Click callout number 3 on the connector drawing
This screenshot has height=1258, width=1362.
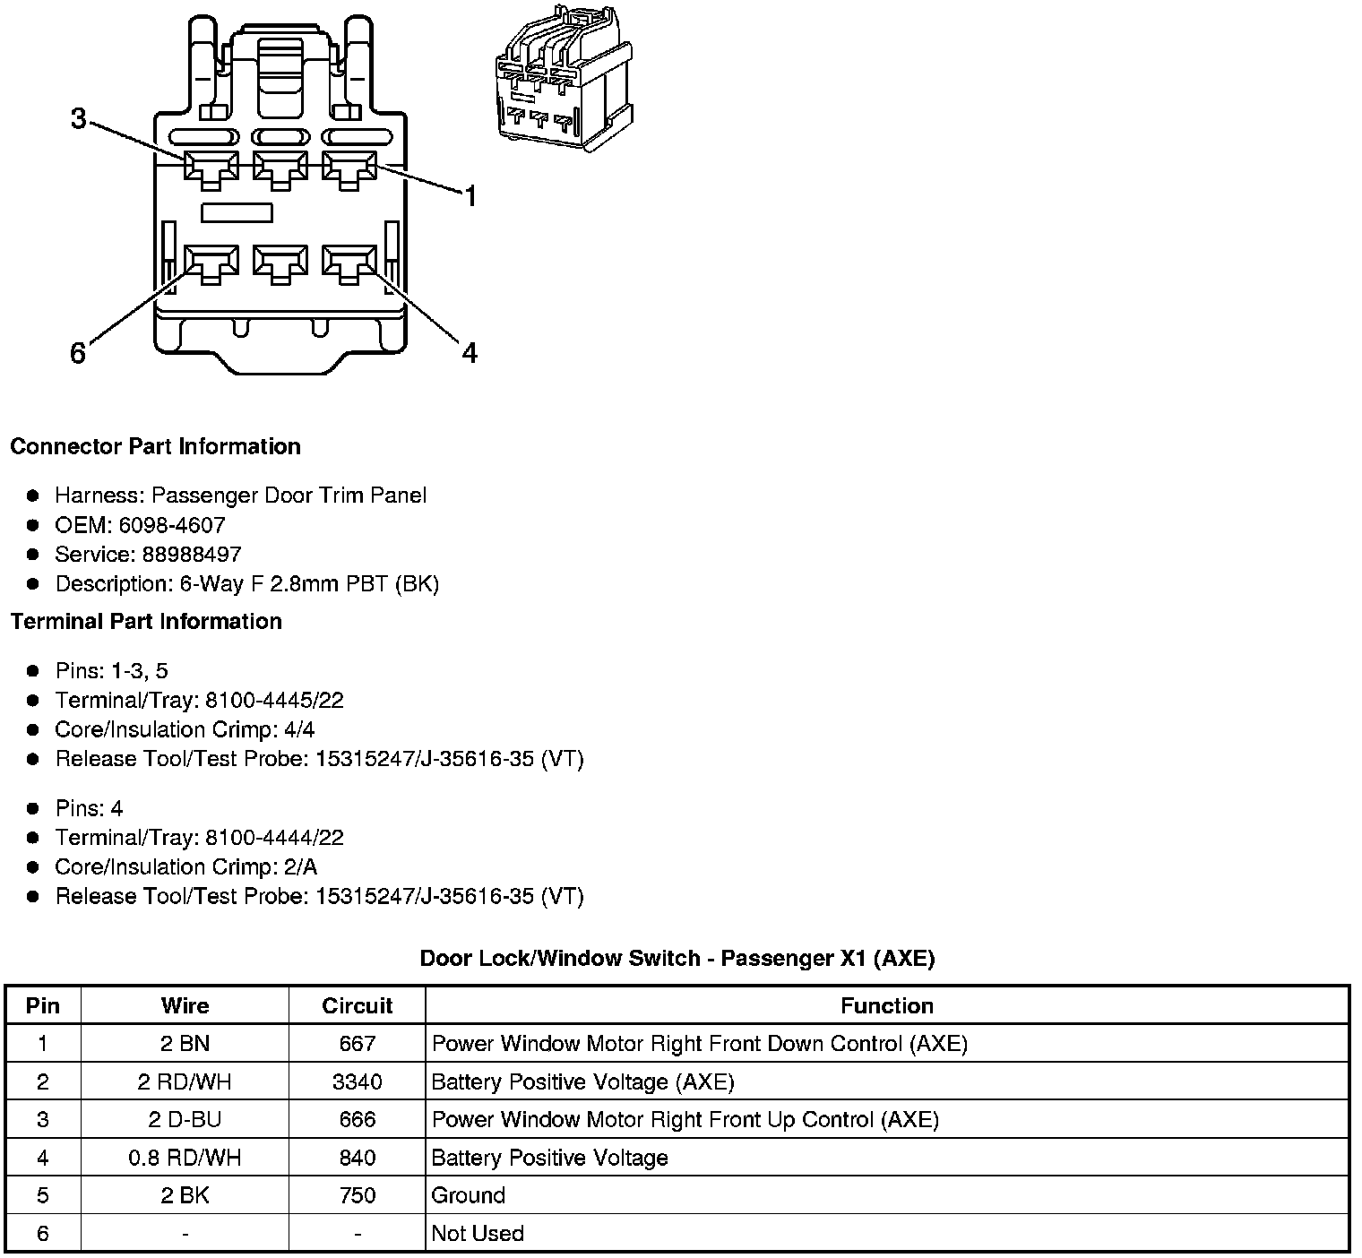pyautogui.click(x=79, y=118)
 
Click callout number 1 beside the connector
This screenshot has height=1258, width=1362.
pyautogui.click(x=470, y=196)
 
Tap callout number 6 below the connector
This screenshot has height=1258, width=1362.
pyautogui.click(x=78, y=354)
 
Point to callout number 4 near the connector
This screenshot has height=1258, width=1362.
pyautogui.click(x=470, y=353)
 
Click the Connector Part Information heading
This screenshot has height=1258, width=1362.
pyautogui.click(x=155, y=446)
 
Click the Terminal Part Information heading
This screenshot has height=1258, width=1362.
pyautogui.click(x=146, y=621)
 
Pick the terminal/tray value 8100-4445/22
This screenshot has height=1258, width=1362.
pyautogui.click(x=274, y=700)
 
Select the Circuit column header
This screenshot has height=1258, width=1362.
pyautogui.click(x=357, y=1005)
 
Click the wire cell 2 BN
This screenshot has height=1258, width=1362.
pyautogui.click(x=185, y=1043)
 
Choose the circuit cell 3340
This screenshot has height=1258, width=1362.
pyautogui.click(x=357, y=1081)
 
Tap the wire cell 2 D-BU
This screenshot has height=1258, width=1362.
pyautogui.click(x=185, y=1119)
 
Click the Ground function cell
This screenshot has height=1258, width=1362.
pyautogui.click(x=469, y=1195)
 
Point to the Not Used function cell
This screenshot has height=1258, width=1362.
pyautogui.click(x=478, y=1233)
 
